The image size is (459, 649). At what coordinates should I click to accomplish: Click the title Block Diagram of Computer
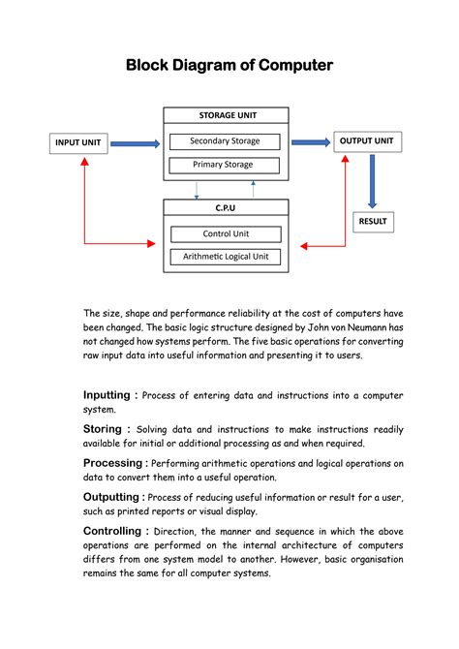click(x=229, y=65)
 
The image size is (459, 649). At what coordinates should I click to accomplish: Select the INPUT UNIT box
click(x=78, y=142)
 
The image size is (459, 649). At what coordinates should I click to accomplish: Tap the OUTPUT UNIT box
click(x=366, y=141)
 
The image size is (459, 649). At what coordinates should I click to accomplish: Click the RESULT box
click(x=372, y=221)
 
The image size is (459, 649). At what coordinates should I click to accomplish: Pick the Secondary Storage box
click(x=225, y=141)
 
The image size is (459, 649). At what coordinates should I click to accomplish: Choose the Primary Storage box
click(x=225, y=165)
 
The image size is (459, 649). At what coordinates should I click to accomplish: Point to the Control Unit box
click(x=225, y=233)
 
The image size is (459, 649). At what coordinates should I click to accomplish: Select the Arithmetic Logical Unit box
click(x=225, y=257)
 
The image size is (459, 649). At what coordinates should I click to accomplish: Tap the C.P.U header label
click(x=226, y=207)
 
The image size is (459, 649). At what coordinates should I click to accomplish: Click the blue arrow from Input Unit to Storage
click(x=136, y=144)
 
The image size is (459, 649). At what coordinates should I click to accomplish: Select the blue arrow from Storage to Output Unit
click(x=310, y=142)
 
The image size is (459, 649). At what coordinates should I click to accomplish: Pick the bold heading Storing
click(x=102, y=428)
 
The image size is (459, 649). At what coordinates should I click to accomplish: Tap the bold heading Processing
click(x=113, y=463)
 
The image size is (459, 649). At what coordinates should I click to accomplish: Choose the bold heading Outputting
click(x=113, y=497)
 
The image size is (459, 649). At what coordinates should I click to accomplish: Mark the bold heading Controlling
click(x=113, y=531)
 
